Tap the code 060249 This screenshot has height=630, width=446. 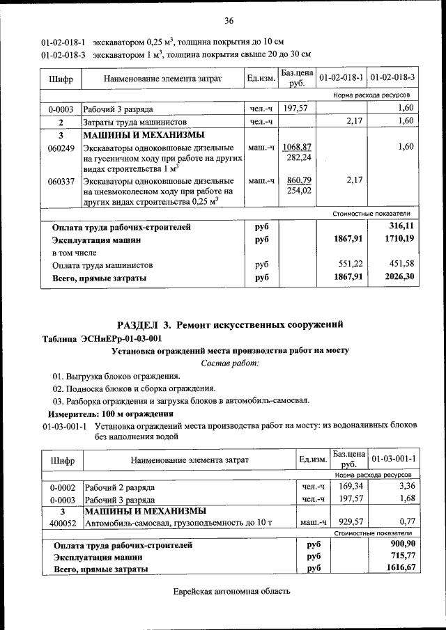tap(61, 148)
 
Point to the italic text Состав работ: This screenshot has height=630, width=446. tap(229, 363)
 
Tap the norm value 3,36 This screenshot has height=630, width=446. tap(405, 486)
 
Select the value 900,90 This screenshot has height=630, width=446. tap(402, 544)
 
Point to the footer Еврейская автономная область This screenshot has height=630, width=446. tap(231, 592)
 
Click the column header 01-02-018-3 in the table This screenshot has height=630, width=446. tap(392, 77)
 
